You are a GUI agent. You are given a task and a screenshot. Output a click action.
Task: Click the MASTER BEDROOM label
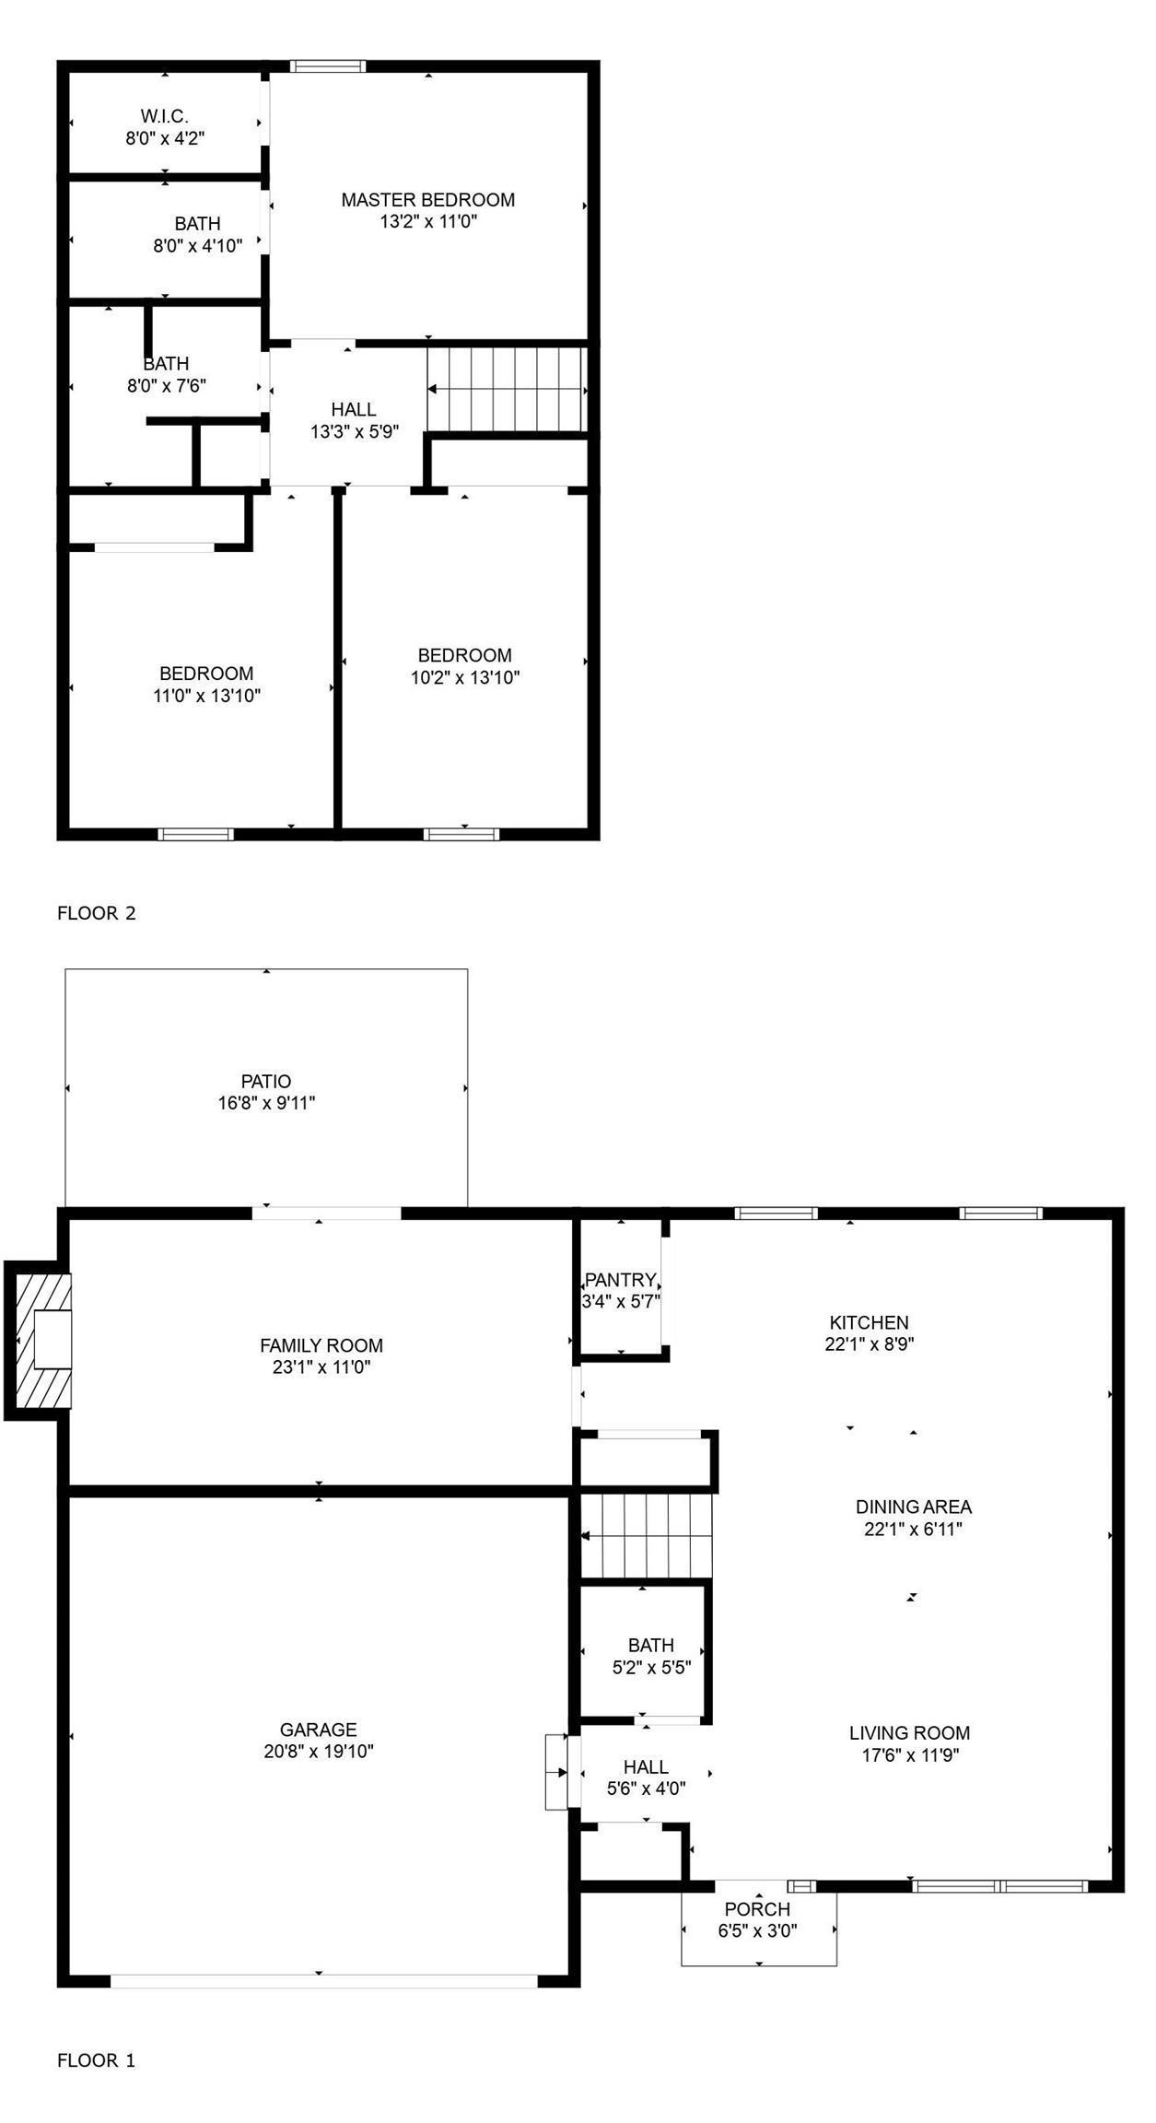[x=427, y=200]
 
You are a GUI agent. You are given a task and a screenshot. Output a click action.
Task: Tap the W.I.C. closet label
[x=165, y=117]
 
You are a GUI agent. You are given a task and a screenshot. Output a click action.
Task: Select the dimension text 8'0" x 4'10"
[x=197, y=246]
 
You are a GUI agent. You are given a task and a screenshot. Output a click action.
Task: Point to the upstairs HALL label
[x=354, y=409]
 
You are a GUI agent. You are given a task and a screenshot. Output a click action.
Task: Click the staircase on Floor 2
[x=507, y=388]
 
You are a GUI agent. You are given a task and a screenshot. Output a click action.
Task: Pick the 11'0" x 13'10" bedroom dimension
[x=206, y=696]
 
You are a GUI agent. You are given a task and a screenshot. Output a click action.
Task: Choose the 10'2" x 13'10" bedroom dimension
[x=465, y=678]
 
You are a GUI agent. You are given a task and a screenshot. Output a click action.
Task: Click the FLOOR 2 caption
[x=97, y=913]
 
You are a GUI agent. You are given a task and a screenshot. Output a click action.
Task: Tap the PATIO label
[x=266, y=1081]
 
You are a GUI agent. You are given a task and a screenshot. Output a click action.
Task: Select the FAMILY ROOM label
[x=321, y=1345]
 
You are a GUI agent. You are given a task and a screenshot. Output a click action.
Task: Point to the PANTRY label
[x=620, y=1280]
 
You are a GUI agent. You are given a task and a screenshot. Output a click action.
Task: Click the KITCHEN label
[x=869, y=1322]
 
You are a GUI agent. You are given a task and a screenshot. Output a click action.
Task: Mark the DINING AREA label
[x=913, y=1507]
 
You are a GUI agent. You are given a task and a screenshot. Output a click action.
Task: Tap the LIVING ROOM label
[x=909, y=1733]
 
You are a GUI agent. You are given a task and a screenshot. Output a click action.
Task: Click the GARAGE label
[x=318, y=1730]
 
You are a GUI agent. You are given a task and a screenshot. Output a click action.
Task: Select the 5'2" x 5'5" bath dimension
[x=651, y=1667]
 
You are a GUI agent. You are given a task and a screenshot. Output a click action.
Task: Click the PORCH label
[x=757, y=1909]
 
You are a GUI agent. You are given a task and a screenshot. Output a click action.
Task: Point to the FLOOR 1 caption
[x=97, y=2060]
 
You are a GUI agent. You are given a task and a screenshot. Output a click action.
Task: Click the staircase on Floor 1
[x=647, y=1536]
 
